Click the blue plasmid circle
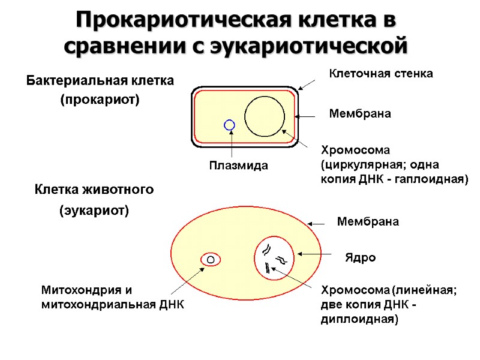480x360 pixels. tap(229, 125)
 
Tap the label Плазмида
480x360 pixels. tap(238, 164)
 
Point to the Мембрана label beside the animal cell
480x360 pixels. tap(368, 221)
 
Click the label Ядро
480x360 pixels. tap(360, 257)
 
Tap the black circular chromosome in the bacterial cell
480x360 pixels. tap(265, 116)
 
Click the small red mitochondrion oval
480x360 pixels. tap(211, 260)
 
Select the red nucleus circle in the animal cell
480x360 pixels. tap(274, 256)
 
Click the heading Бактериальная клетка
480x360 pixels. tap(100, 80)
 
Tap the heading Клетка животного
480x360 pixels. tap(94, 190)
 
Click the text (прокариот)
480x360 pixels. tap(99, 100)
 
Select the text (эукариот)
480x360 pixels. tap(94, 211)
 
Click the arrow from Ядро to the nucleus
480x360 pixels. tap(313, 254)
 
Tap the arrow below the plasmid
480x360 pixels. tap(230, 145)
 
